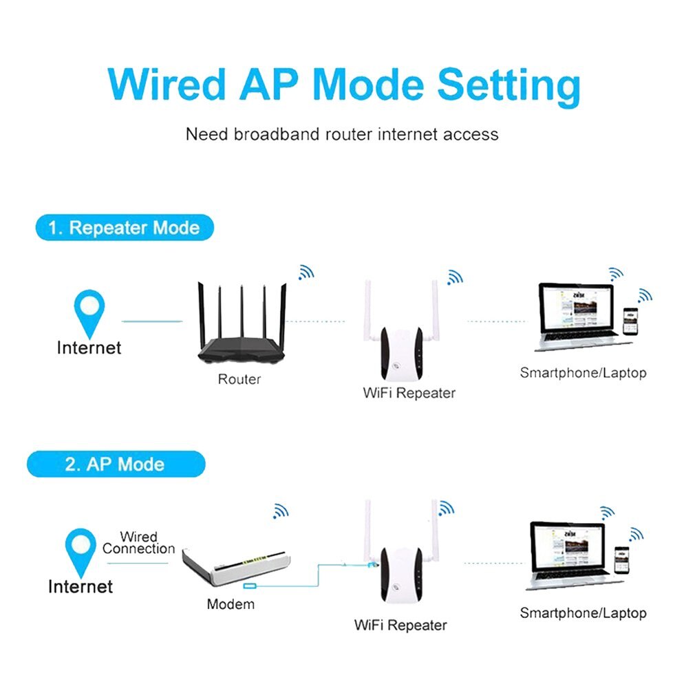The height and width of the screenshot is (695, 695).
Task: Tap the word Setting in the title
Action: coord(509,86)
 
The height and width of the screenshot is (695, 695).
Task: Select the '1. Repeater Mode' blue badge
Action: coord(125,228)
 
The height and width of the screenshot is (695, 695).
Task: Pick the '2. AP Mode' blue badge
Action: coord(116,464)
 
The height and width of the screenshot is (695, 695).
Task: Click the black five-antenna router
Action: coord(240,330)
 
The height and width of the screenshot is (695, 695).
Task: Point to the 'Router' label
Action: coord(239,379)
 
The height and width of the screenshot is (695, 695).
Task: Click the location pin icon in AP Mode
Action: coord(81,551)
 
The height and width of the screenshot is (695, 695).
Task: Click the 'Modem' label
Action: coord(231,604)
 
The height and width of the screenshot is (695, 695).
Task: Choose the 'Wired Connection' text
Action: coord(139,543)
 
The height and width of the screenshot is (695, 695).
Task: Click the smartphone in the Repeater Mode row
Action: coord(629,321)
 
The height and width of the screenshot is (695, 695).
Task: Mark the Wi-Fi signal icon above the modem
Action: coord(280,511)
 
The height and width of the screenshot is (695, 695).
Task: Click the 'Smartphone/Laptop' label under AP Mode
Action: coord(583,612)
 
